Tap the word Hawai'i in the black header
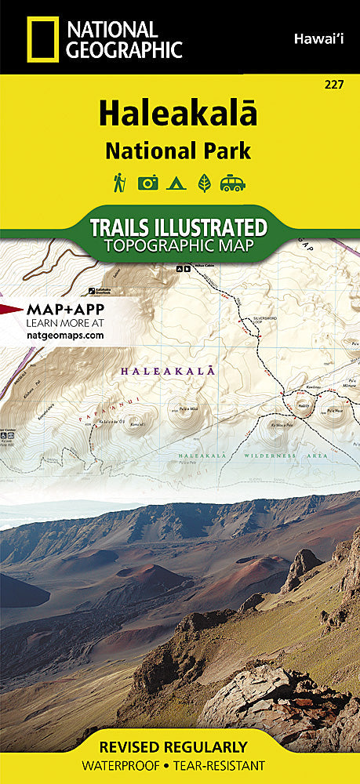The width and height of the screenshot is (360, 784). [x=321, y=38]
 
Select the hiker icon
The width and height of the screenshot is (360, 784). [x=118, y=182]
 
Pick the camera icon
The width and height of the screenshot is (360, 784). [x=148, y=183]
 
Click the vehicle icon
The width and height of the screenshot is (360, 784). [x=233, y=183]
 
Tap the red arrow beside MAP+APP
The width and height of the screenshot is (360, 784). [x=11, y=309]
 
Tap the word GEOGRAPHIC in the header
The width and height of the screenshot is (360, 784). [x=125, y=51]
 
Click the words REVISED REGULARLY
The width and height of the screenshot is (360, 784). [x=180, y=746]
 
